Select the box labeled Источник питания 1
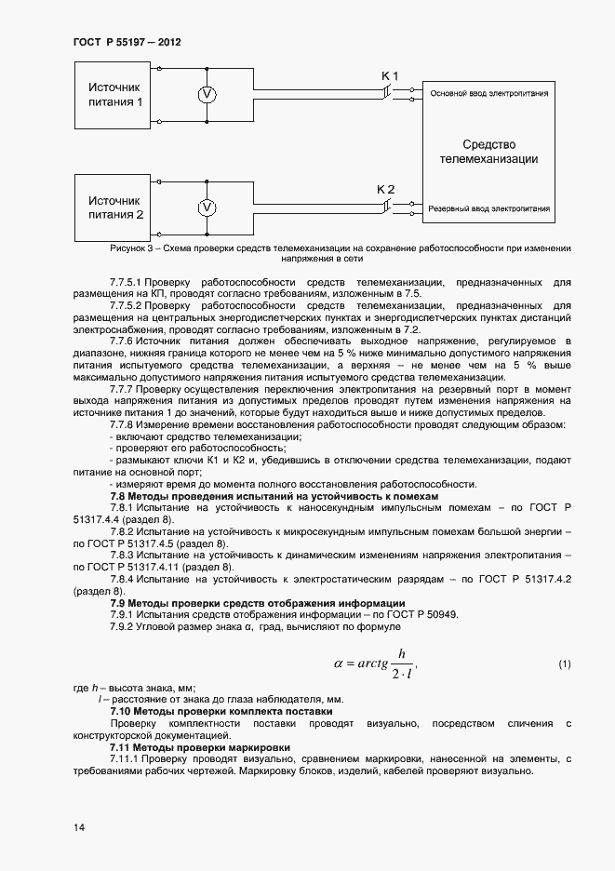(x=115, y=94)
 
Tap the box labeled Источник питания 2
(x=115, y=207)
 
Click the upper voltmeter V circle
(x=208, y=94)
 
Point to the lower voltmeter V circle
(x=208, y=207)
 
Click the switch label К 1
(x=390, y=74)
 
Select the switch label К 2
(x=385, y=189)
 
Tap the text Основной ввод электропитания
(x=488, y=93)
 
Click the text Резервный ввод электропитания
(x=488, y=208)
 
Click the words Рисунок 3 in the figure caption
(x=130, y=248)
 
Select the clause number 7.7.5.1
(x=125, y=280)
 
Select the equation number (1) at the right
(x=564, y=663)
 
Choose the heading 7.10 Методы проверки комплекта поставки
(x=221, y=711)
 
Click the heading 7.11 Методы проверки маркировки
(x=200, y=747)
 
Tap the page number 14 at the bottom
(x=78, y=827)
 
